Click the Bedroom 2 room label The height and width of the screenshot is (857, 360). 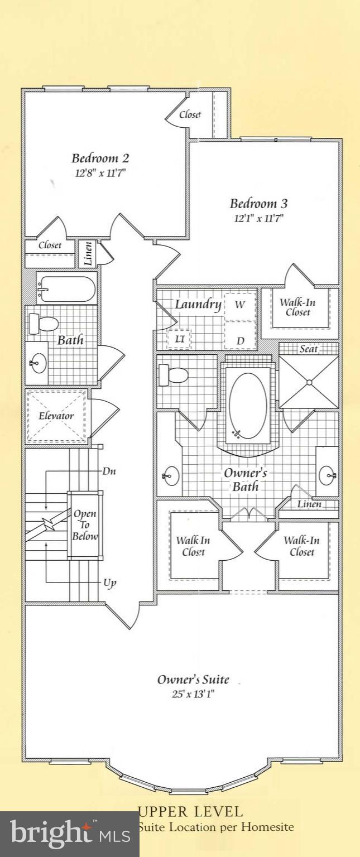(100, 158)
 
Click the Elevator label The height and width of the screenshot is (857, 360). (56, 416)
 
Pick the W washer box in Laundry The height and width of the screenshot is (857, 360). (239, 305)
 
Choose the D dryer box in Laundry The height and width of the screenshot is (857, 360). (240, 340)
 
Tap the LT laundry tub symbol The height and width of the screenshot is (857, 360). (180, 339)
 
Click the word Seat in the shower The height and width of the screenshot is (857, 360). (309, 349)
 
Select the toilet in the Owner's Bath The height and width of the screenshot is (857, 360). (172, 374)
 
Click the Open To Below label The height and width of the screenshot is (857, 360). (85, 525)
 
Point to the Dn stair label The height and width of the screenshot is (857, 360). (109, 471)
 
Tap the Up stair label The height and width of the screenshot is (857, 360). (110, 583)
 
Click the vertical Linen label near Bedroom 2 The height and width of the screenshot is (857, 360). (88, 253)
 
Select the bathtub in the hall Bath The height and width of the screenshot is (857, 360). (66, 289)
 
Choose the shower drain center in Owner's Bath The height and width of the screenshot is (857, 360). (308, 382)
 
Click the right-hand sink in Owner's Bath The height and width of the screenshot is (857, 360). (329, 476)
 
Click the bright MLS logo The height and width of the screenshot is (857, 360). (70, 834)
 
